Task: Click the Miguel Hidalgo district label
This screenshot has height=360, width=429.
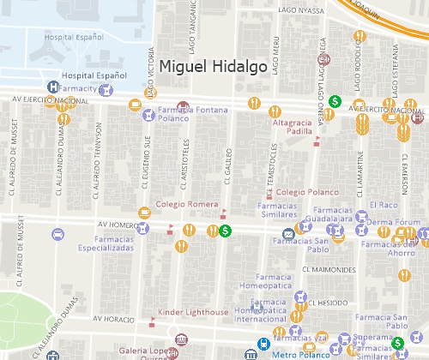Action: point(214,66)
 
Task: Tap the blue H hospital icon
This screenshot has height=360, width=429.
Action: point(53,87)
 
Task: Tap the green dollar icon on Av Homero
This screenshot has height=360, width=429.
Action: point(225,230)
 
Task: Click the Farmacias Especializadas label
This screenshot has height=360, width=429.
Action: point(103,243)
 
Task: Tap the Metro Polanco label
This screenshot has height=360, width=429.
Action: point(296,353)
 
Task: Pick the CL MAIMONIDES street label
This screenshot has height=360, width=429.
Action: point(329,269)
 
